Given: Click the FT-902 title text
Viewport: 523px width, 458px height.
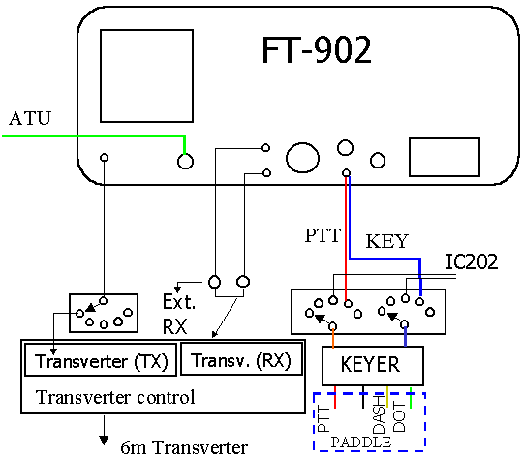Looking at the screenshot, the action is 316,50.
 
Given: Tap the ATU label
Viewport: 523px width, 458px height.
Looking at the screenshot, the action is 30,118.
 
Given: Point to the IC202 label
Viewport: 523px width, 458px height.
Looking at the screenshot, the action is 472,261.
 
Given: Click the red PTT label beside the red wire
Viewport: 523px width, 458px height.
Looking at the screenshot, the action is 323,235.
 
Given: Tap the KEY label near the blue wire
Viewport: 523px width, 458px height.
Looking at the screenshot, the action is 386,241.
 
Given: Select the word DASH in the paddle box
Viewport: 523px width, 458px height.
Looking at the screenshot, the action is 380,414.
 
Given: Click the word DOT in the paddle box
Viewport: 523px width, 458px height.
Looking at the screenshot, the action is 399,416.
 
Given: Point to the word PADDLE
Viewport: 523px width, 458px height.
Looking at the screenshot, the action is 361,443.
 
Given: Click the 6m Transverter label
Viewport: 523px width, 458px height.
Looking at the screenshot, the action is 184,447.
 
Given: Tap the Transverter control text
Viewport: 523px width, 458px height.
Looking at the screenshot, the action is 115,397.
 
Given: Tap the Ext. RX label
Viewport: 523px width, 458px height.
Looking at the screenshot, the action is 179,315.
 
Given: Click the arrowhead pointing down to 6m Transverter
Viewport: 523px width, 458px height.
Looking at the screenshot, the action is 104,441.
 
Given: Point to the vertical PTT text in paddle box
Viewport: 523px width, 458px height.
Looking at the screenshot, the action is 323,419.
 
